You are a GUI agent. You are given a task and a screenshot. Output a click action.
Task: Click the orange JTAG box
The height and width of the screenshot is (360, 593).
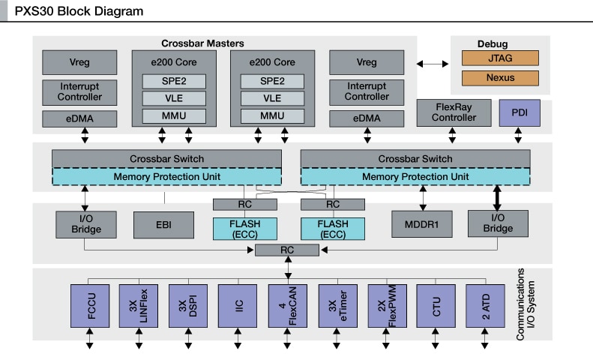(500, 58)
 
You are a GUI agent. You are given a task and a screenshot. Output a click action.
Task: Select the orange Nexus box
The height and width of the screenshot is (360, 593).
(500, 78)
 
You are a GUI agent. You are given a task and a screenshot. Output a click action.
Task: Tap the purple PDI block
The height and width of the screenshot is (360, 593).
(519, 112)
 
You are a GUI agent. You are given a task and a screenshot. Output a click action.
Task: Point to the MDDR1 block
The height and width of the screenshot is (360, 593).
(421, 223)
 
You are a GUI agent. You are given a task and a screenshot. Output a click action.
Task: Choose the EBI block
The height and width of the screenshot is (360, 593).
(163, 223)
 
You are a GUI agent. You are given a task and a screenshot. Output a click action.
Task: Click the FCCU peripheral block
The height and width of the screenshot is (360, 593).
(89, 305)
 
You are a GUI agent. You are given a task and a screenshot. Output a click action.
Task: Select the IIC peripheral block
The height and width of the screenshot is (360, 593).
(238, 305)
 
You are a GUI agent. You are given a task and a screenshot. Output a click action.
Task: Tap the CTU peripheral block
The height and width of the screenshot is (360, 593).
(436, 305)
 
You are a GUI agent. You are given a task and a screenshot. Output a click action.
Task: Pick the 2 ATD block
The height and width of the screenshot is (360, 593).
(485, 305)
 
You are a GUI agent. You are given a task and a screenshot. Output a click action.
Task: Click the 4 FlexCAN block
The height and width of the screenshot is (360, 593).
(287, 305)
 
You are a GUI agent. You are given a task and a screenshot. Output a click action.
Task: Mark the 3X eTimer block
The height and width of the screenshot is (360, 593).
(337, 305)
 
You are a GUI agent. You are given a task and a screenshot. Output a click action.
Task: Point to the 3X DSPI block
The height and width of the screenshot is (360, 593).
(188, 305)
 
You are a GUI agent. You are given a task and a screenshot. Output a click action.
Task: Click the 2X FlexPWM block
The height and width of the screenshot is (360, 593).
(387, 305)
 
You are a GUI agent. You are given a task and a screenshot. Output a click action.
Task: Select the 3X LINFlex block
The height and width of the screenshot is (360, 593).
(139, 305)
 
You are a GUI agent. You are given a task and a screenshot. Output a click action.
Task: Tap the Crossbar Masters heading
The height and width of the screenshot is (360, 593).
(202, 43)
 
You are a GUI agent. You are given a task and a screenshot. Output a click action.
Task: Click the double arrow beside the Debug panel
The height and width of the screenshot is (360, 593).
(432, 65)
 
